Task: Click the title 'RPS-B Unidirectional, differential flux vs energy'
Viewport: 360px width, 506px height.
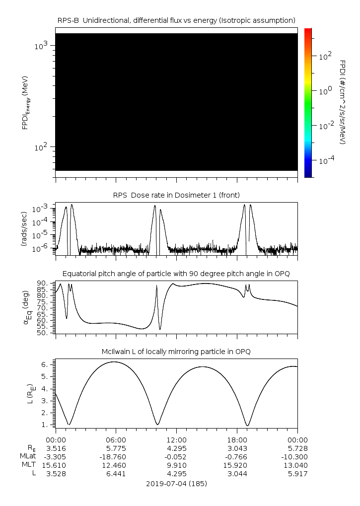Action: (176, 20)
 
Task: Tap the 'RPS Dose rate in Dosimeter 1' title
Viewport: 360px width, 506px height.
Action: (176, 194)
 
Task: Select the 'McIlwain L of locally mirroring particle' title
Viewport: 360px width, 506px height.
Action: (176, 352)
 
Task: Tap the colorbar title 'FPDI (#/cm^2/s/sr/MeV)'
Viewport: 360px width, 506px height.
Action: (343, 102)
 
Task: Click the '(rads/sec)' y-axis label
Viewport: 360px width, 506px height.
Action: (24, 228)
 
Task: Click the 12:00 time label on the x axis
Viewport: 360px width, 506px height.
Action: (176, 440)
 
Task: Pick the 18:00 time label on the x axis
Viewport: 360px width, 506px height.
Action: (237, 440)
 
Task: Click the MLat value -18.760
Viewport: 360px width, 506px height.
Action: (116, 456)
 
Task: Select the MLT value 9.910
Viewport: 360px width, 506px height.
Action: (176, 465)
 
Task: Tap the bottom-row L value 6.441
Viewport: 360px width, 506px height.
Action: (116, 474)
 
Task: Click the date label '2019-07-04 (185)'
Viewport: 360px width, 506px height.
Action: (176, 483)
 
